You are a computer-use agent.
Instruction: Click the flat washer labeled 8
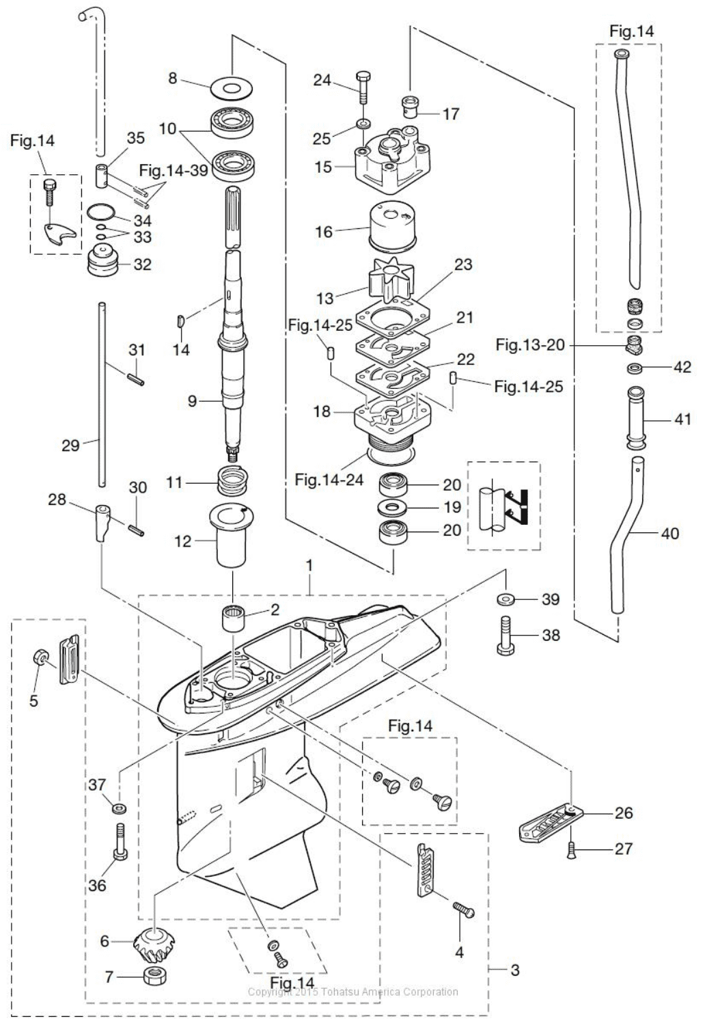point(232,87)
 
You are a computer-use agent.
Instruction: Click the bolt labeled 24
point(361,85)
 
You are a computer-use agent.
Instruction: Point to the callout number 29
point(71,446)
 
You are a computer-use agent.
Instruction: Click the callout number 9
point(193,401)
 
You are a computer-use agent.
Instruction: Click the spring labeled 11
point(232,482)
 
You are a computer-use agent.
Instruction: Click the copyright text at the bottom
point(352,992)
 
